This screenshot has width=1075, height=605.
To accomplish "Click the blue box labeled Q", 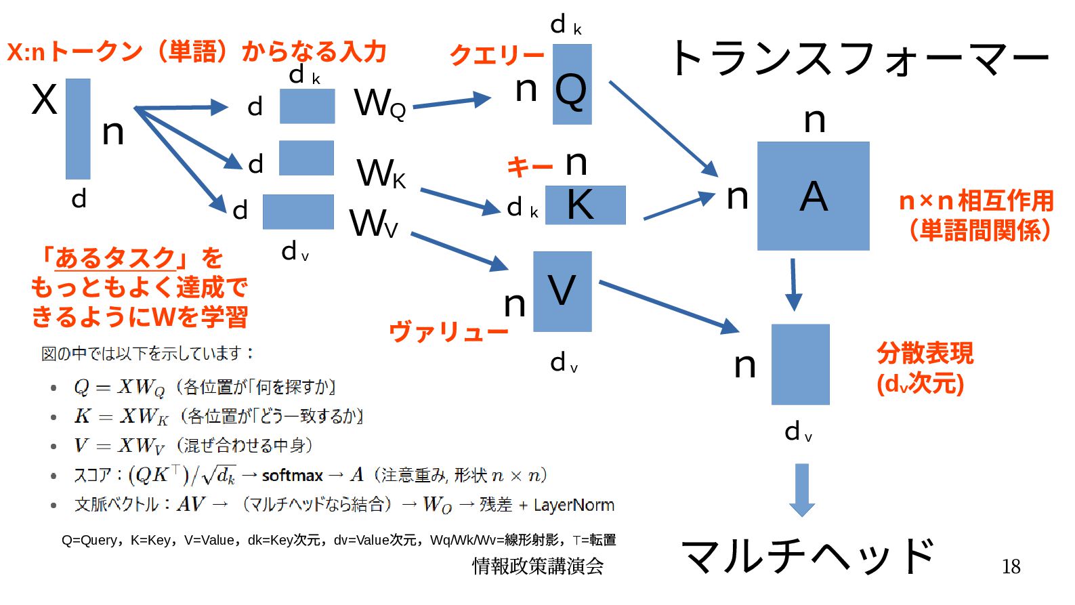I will tap(572, 85).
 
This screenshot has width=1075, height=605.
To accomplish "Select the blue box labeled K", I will tap(585, 205).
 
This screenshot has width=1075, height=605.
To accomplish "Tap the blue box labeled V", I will tap(562, 291).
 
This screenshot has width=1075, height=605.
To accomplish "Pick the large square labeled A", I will tap(813, 196).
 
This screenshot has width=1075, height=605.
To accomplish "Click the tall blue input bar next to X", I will tap(78, 129).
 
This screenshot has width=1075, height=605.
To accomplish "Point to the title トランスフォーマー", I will tap(859, 58).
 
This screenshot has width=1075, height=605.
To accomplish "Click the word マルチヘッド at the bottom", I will tap(808, 556).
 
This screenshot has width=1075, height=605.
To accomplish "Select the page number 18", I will tap(1011, 566).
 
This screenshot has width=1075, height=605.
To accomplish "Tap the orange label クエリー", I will tap(497, 55).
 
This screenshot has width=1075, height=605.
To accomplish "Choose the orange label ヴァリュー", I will tap(448, 332).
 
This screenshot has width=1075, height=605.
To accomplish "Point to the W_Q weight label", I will tap(379, 104).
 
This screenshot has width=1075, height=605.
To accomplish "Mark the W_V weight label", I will tap(373, 224).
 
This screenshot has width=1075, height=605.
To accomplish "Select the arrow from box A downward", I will tap(793, 285).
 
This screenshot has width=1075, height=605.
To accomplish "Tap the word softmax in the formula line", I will tap(292, 476).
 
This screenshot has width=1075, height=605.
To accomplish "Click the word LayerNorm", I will tap(574, 505).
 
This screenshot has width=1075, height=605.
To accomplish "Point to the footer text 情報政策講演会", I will tap(537, 566).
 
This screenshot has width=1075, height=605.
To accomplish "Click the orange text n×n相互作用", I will tap(975, 201).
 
